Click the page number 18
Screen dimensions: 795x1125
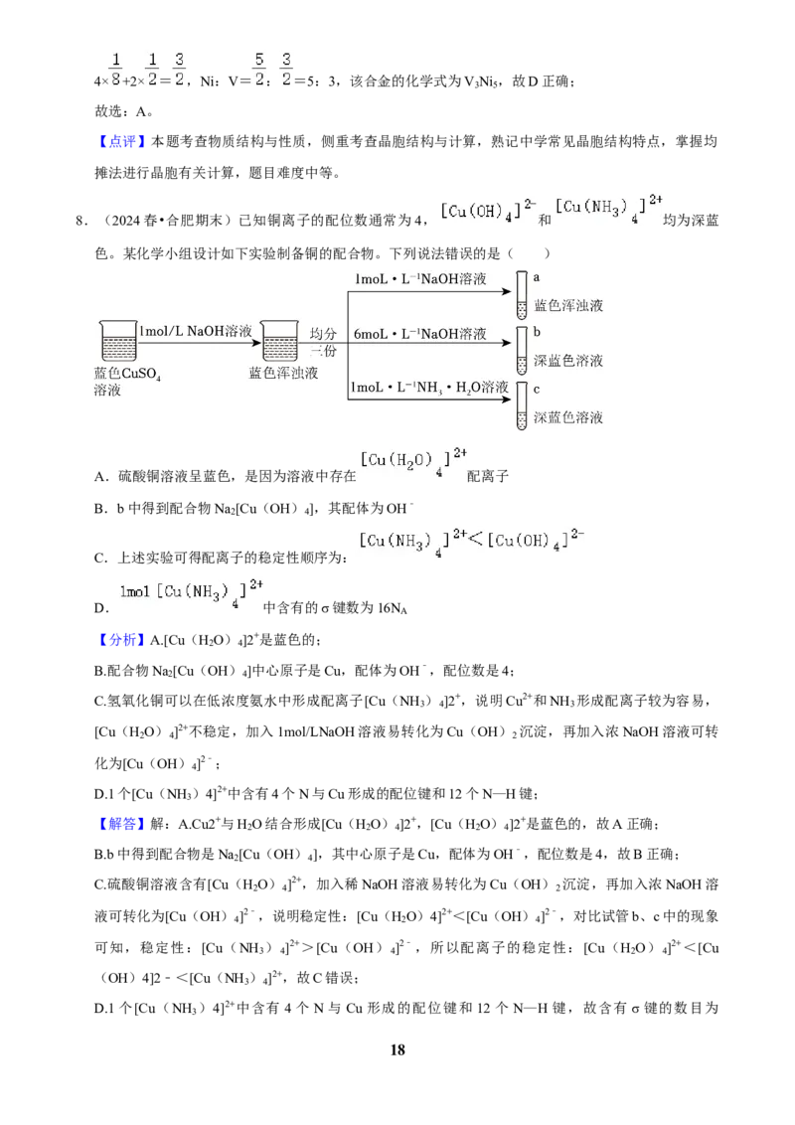coord(397,1049)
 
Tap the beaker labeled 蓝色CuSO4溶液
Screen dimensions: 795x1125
coord(118,341)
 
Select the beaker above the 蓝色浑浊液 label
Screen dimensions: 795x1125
coord(280,341)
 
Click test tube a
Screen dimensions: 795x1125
coord(522,295)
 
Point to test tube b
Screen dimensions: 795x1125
coord(522,351)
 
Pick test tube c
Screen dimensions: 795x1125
coord(522,406)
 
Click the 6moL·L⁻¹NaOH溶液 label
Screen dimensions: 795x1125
coord(420,334)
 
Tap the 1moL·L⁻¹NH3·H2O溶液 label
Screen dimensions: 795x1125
coord(429,388)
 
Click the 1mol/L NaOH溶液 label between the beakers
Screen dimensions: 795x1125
coord(196,331)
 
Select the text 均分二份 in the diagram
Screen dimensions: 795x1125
coord(324,342)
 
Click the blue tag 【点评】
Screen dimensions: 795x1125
coord(122,141)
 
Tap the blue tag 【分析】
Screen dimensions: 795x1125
coord(122,640)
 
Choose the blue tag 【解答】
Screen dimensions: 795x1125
coord(122,824)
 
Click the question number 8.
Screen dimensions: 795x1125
coord(81,221)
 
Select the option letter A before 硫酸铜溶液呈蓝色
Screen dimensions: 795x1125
coord(100,476)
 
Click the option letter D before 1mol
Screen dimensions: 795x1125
coord(100,608)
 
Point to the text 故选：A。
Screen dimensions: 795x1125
coord(124,111)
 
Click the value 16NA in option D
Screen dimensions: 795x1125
coord(393,608)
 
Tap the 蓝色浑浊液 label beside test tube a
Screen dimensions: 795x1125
coord(569,306)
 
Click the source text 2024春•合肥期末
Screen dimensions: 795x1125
coord(161,221)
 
